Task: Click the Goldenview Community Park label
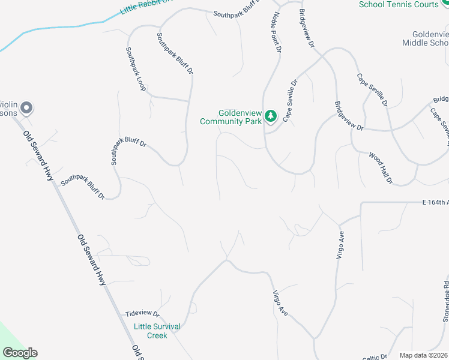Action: coord(231,117)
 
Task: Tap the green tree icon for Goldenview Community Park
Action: coord(271,115)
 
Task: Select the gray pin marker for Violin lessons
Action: coord(26,109)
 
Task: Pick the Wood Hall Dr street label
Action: coord(380,167)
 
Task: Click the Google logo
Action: coord(20,353)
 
